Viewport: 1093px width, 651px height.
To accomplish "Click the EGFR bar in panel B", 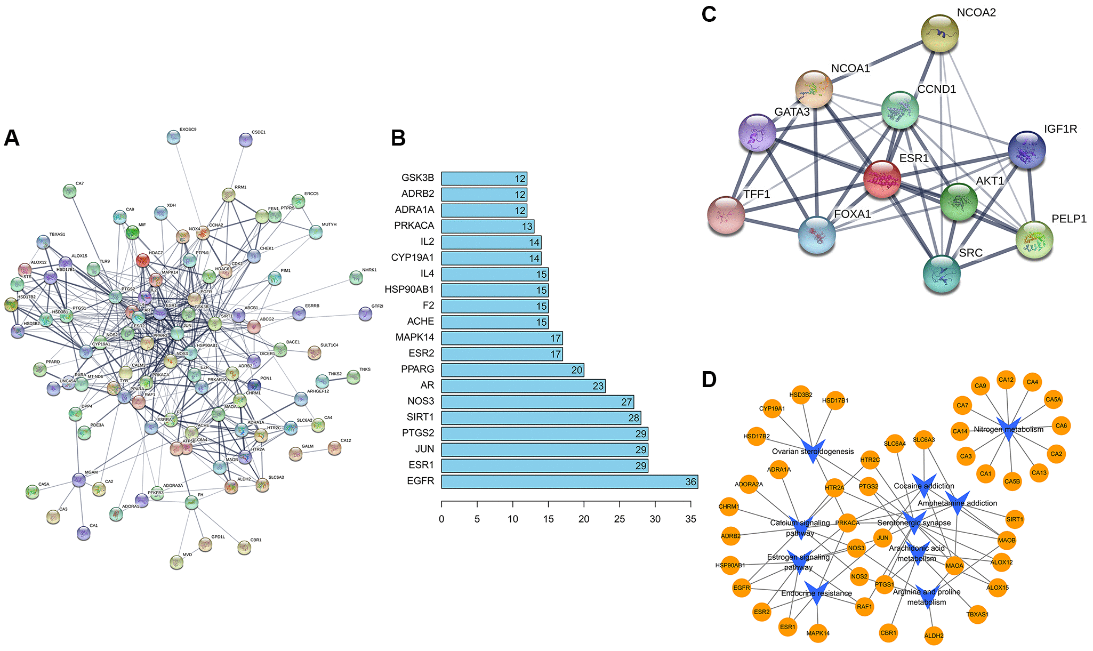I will pyautogui.click(x=569, y=482).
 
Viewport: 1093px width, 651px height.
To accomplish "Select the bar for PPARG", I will pyautogui.click(x=512, y=370).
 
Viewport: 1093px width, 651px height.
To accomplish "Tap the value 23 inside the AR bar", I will pyautogui.click(x=598, y=386).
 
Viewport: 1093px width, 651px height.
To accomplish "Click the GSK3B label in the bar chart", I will pyautogui.click(x=417, y=178).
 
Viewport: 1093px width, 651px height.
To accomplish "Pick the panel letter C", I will pyautogui.click(x=709, y=14).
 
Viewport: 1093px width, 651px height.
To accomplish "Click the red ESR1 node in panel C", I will pyautogui.click(x=882, y=179).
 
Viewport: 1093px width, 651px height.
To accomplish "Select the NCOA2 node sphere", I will pyautogui.click(x=939, y=34).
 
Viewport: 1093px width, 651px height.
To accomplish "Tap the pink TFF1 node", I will pyautogui.click(x=726, y=215).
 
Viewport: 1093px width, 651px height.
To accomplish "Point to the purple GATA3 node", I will pyautogui.click(x=757, y=132).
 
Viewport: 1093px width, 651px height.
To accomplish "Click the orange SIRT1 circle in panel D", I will pyautogui.click(x=1015, y=519).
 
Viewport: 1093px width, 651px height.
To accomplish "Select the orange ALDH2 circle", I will pyautogui.click(x=934, y=636).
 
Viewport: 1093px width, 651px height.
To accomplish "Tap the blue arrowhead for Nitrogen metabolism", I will pyautogui.click(x=1008, y=430).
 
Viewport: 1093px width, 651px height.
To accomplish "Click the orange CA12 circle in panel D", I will pyautogui.click(x=1006, y=380).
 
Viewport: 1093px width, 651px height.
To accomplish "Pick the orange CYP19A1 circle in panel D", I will pyautogui.click(x=772, y=409).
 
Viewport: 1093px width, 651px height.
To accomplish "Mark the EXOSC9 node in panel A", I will pyautogui.click(x=173, y=137).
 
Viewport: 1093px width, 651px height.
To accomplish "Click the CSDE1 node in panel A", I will pyautogui.click(x=245, y=140).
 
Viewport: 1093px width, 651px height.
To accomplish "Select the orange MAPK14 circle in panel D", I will pyautogui.click(x=818, y=633).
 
